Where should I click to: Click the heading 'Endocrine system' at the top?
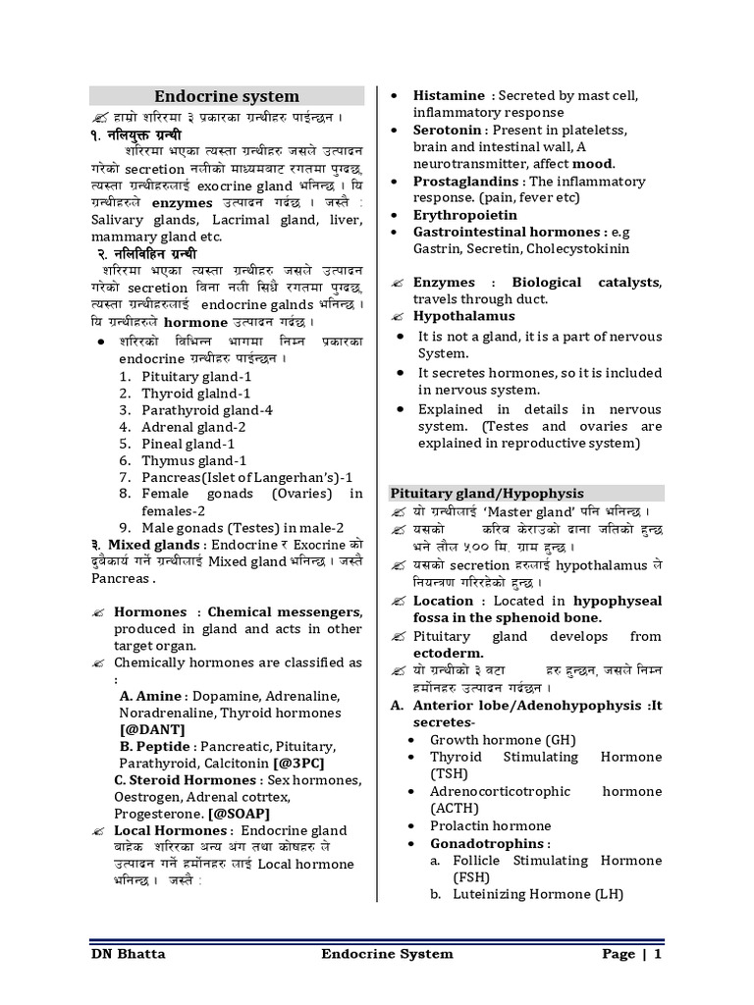coord(227,96)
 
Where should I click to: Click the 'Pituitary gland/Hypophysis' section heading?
coord(487,493)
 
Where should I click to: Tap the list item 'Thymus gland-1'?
coord(194,460)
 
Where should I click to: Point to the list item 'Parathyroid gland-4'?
coord(207,410)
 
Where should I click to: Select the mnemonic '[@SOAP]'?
coord(236,814)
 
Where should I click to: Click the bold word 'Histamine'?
coord(449,95)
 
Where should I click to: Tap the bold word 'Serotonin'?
coord(448,130)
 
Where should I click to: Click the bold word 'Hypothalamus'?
coord(463,316)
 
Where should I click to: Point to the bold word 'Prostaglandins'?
coord(466,182)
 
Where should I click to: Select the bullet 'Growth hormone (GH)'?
coord(503,740)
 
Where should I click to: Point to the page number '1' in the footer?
coord(658,954)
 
